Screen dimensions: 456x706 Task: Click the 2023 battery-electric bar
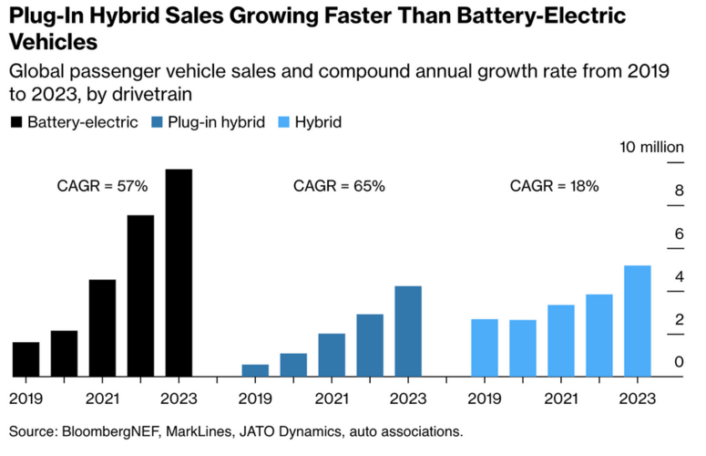pos(179,273)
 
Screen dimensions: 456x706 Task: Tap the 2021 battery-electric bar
pos(102,327)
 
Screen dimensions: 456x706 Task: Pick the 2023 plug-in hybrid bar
pos(408,330)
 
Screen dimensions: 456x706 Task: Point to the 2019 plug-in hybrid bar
pos(255,369)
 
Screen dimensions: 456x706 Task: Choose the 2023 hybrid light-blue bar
pos(638,320)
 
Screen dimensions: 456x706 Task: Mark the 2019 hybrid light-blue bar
pos(485,347)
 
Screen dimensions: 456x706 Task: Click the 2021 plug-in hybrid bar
pos(332,354)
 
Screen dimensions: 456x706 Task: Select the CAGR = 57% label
pos(102,186)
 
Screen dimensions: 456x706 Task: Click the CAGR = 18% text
pos(554,186)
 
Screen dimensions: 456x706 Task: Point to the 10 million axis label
pos(652,147)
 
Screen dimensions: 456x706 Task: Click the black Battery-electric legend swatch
pos(16,121)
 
